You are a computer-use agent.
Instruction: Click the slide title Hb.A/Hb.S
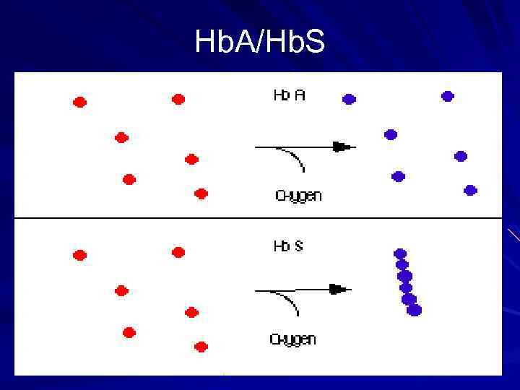260,43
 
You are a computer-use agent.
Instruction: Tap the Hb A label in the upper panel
289,95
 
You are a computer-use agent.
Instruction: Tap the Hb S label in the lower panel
288,246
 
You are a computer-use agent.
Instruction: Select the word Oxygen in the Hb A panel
298,195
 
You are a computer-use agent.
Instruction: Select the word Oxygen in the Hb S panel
292,339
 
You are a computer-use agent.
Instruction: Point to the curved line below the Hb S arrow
289,302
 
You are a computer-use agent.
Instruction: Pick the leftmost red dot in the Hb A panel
79,103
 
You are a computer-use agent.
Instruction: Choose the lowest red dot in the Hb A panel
201,194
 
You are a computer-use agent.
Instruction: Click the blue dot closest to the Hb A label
349,99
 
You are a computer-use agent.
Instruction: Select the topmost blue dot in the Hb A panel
447,96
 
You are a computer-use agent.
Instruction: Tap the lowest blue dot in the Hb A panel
470,190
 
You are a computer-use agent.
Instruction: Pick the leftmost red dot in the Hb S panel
79,255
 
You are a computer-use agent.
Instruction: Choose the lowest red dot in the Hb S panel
201,347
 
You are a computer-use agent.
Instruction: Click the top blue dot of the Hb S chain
400,253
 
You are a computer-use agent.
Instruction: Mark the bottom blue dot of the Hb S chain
414,310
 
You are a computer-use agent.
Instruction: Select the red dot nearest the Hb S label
178,252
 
